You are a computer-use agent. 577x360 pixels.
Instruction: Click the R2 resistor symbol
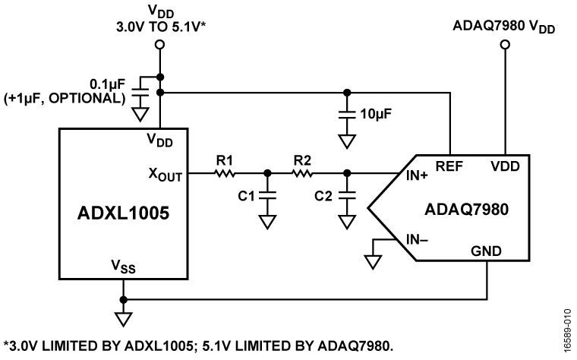(x=302, y=173)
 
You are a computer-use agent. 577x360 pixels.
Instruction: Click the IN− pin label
(x=415, y=242)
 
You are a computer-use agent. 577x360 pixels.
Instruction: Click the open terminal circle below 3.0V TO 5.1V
(x=159, y=45)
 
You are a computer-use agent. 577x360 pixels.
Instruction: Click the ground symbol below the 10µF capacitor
(x=347, y=141)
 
